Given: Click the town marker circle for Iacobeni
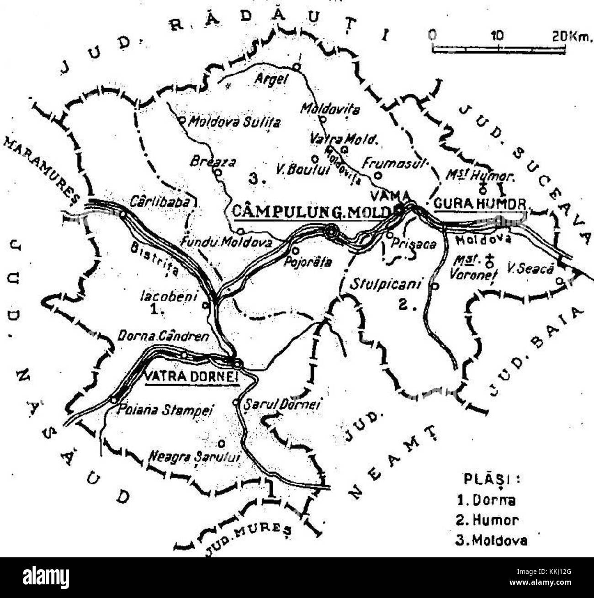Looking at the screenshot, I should coord(206,305).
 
